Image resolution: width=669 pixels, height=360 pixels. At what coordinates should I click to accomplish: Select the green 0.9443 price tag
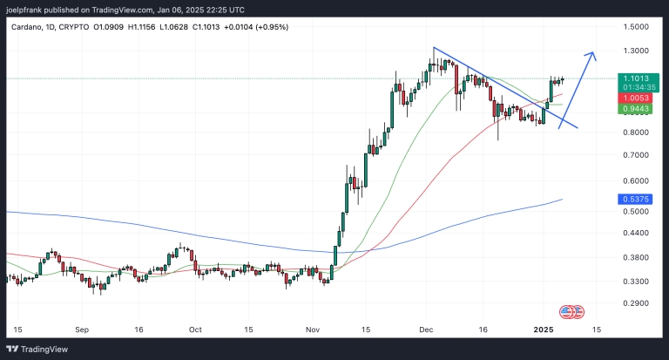(x=634, y=109)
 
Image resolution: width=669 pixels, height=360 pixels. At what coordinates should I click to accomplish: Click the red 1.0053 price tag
(x=634, y=98)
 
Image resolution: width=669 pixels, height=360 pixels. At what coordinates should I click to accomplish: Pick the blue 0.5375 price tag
(x=634, y=199)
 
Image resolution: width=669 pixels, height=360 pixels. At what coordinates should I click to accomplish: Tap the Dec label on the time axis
(x=426, y=330)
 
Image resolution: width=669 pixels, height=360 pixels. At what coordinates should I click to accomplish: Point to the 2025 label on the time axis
(x=544, y=330)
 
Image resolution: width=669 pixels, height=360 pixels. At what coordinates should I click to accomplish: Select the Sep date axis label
(x=83, y=330)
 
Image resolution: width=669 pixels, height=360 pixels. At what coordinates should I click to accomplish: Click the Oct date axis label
(x=195, y=330)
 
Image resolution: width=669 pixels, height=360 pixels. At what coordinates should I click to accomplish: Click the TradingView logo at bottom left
(x=38, y=349)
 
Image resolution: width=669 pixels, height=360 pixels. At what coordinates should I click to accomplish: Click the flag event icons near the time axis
(x=571, y=311)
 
